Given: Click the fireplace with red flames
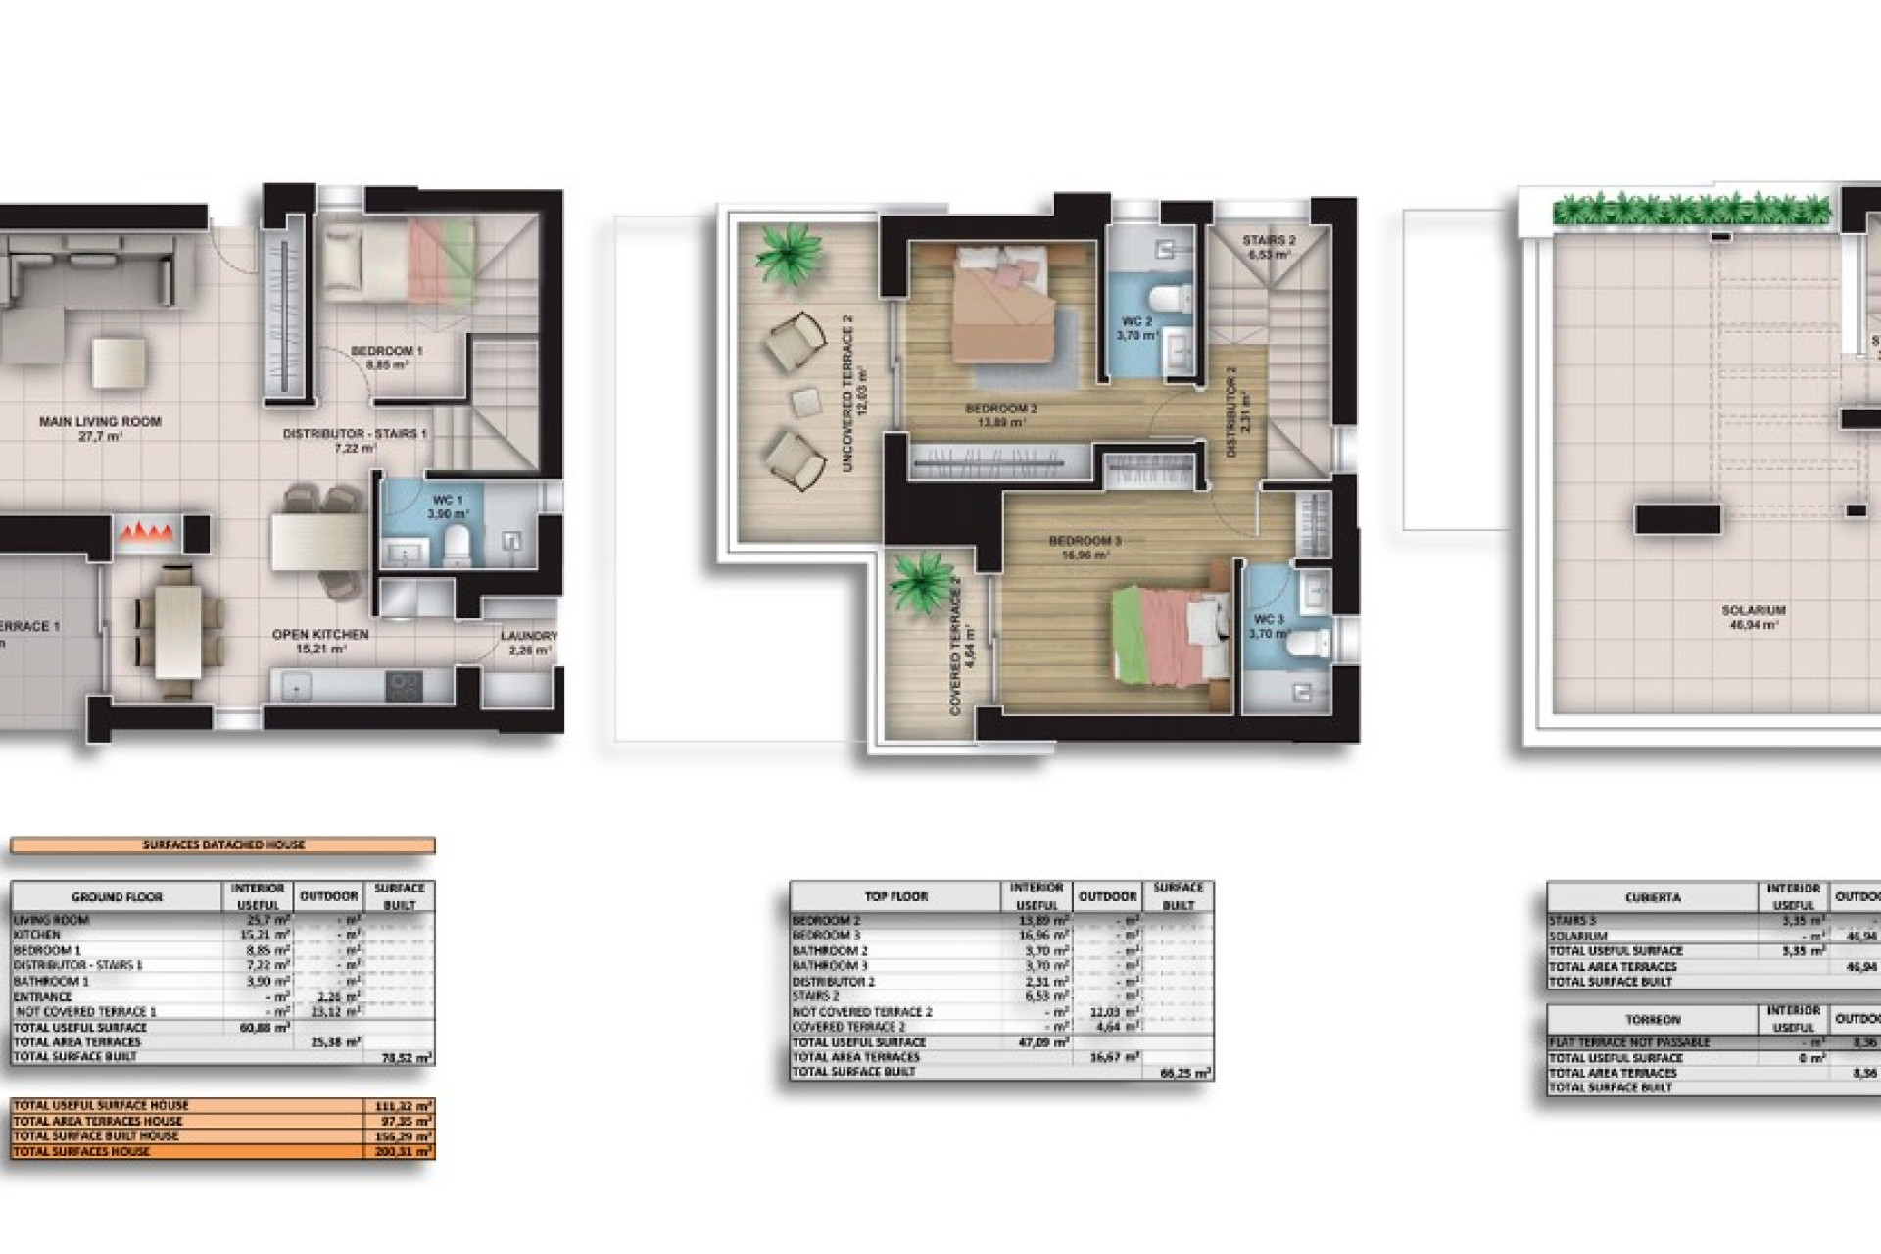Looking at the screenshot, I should (147, 534).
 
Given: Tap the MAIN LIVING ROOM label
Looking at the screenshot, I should (100, 422).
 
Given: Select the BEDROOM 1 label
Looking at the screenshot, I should (387, 351).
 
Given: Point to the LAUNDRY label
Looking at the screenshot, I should (529, 636).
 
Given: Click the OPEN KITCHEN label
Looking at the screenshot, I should (320, 635).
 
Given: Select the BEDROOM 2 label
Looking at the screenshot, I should (1000, 409).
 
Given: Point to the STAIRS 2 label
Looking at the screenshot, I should (1269, 240).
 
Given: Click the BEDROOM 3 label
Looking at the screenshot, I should (1085, 541).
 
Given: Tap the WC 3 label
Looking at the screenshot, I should (1268, 620).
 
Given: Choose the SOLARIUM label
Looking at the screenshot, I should (1753, 610).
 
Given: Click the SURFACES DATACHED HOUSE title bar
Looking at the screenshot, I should (223, 844).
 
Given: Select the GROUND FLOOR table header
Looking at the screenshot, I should (117, 896).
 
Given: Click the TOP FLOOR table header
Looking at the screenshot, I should (895, 896).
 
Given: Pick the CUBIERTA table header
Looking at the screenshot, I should (1652, 896).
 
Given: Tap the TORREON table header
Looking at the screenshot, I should (1652, 1020).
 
